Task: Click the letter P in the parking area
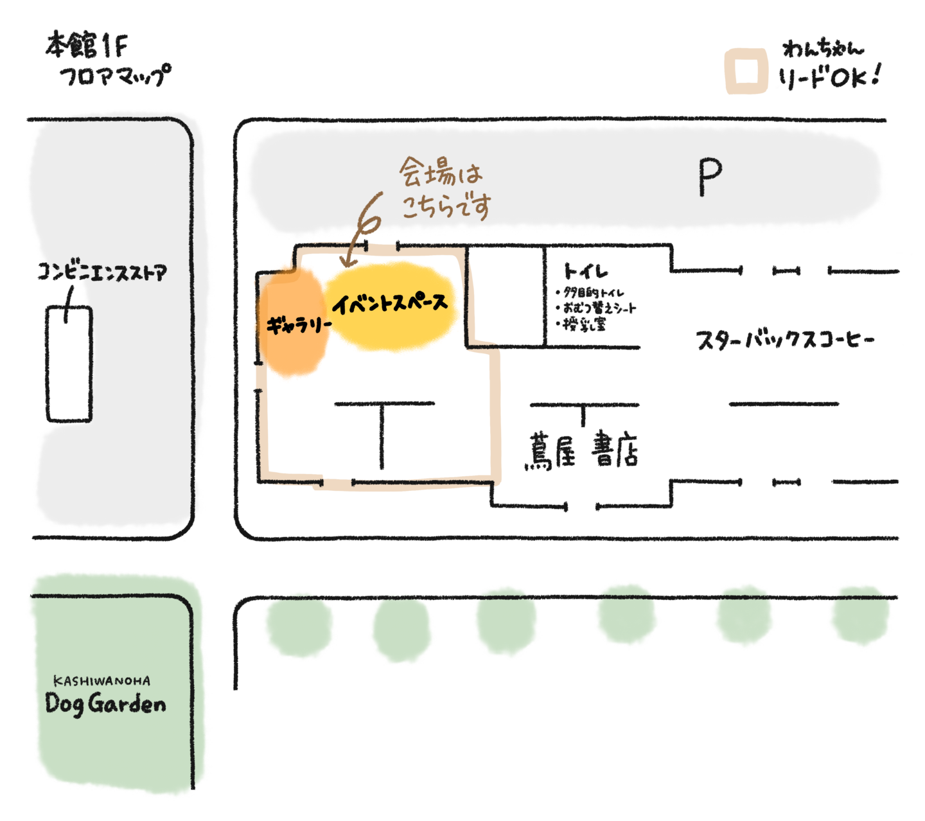point(710,177)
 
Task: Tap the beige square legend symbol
point(746,71)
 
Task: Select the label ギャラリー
point(298,325)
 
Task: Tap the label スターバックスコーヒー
point(785,340)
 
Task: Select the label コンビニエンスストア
point(101,273)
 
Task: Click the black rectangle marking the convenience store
point(68,365)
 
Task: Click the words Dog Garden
point(105,703)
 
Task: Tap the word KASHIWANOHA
point(102,680)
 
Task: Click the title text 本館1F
point(87,46)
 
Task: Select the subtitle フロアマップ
point(116,75)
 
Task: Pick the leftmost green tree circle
point(298,627)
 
